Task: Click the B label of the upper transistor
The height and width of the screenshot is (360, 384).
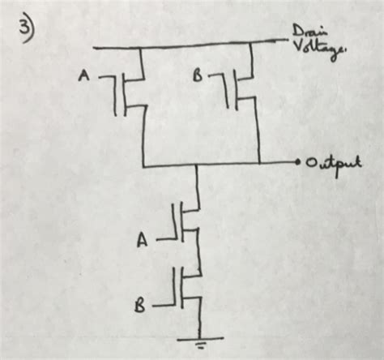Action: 197,75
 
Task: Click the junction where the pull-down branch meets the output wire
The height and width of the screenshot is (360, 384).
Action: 198,165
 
